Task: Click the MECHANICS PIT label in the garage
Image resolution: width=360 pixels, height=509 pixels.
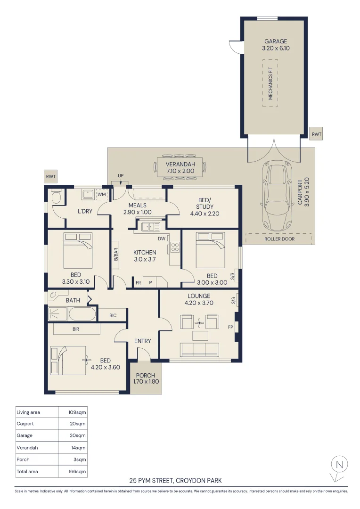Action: [x=270, y=83]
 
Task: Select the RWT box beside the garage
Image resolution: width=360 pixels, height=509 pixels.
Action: [x=317, y=134]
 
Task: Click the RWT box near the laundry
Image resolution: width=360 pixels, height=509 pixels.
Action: [x=50, y=177]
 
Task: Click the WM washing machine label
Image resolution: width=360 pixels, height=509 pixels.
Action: [x=102, y=194]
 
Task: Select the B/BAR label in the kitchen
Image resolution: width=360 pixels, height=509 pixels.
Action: [x=116, y=254]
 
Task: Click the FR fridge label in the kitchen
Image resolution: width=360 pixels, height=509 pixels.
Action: [x=138, y=283]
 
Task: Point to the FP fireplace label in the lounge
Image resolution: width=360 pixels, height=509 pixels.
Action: [x=230, y=327]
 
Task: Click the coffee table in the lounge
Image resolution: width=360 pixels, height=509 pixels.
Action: [x=200, y=336]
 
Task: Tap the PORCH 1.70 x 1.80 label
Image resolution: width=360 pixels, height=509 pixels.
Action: [x=145, y=379]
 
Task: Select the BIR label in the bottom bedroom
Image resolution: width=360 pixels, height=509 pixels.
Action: [x=75, y=329]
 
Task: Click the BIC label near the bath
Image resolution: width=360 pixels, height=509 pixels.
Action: [x=113, y=315]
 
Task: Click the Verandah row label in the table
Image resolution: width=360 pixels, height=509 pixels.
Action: [x=27, y=448]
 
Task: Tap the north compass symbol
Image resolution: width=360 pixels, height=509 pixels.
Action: [x=338, y=466]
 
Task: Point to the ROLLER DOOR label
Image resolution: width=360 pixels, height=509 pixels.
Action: [x=279, y=239]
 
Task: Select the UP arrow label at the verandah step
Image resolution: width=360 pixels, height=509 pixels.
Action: [x=121, y=176]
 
